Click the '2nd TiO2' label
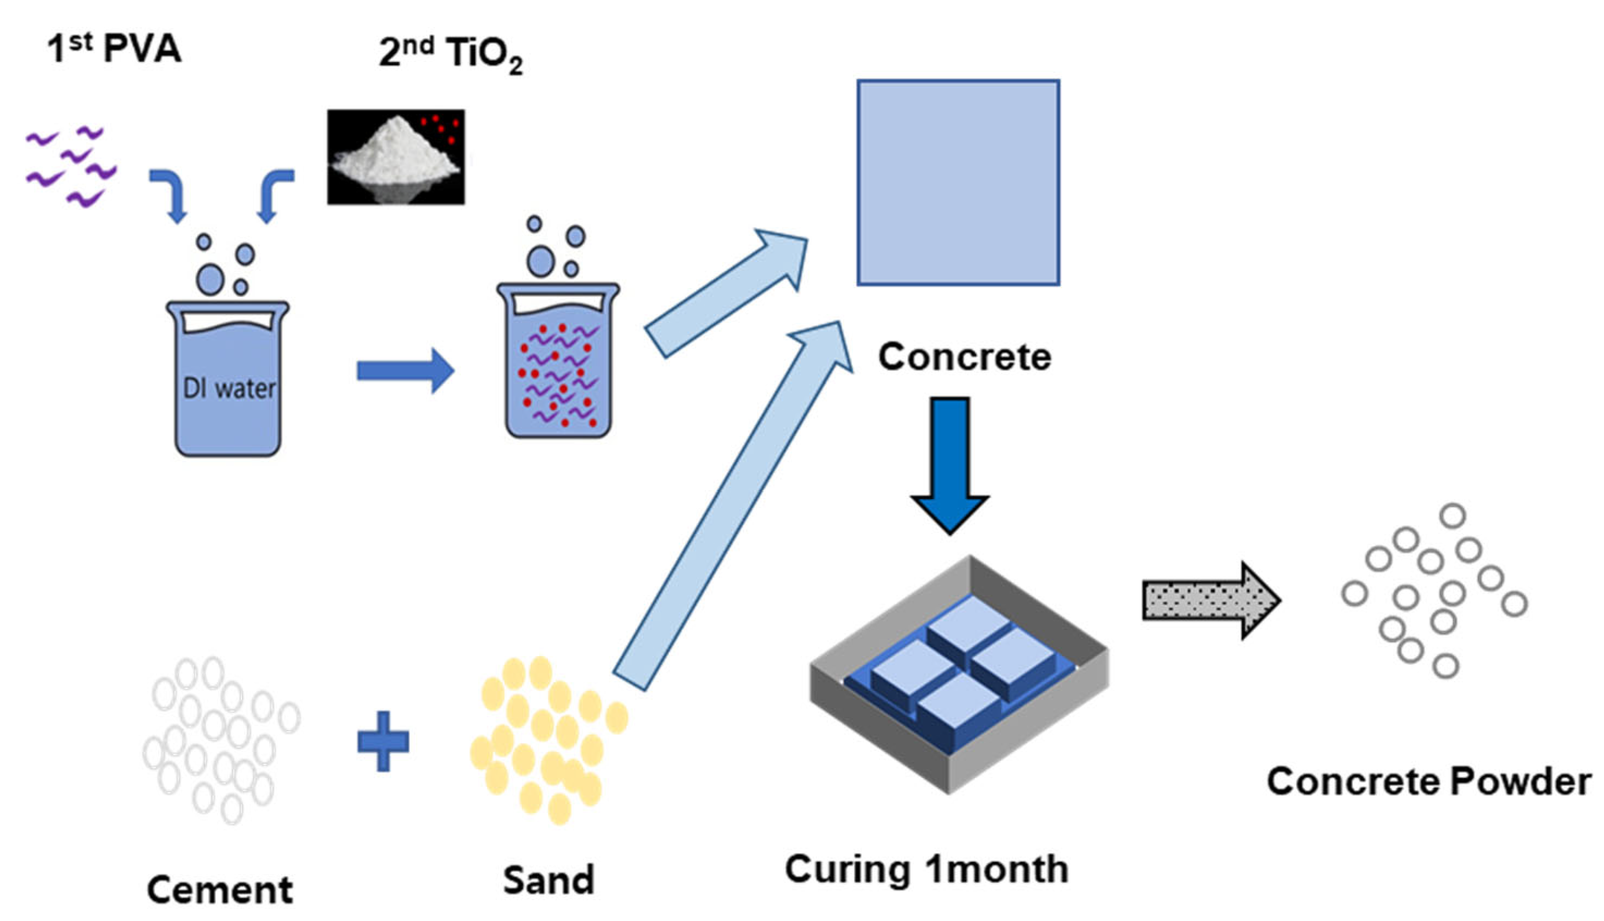click(450, 55)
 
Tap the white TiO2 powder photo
click(396, 157)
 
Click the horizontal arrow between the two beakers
click(405, 371)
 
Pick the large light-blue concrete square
click(958, 182)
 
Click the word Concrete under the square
click(965, 357)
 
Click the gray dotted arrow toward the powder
click(1210, 600)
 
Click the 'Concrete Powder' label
click(1428, 782)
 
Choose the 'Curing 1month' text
click(926, 869)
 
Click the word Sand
click(549, 880)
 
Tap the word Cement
click(219, 890)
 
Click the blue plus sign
click(382, 741)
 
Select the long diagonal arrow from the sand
click(734, 506)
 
